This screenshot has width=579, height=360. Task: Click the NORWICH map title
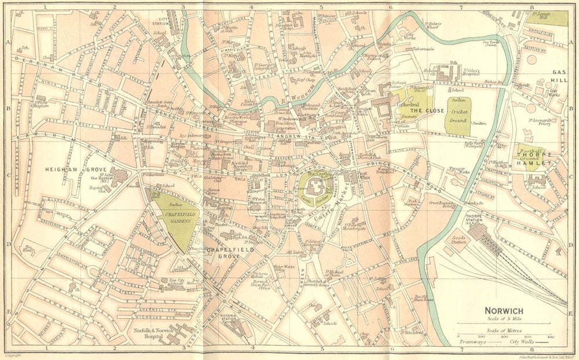click(x=504, y=311)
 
